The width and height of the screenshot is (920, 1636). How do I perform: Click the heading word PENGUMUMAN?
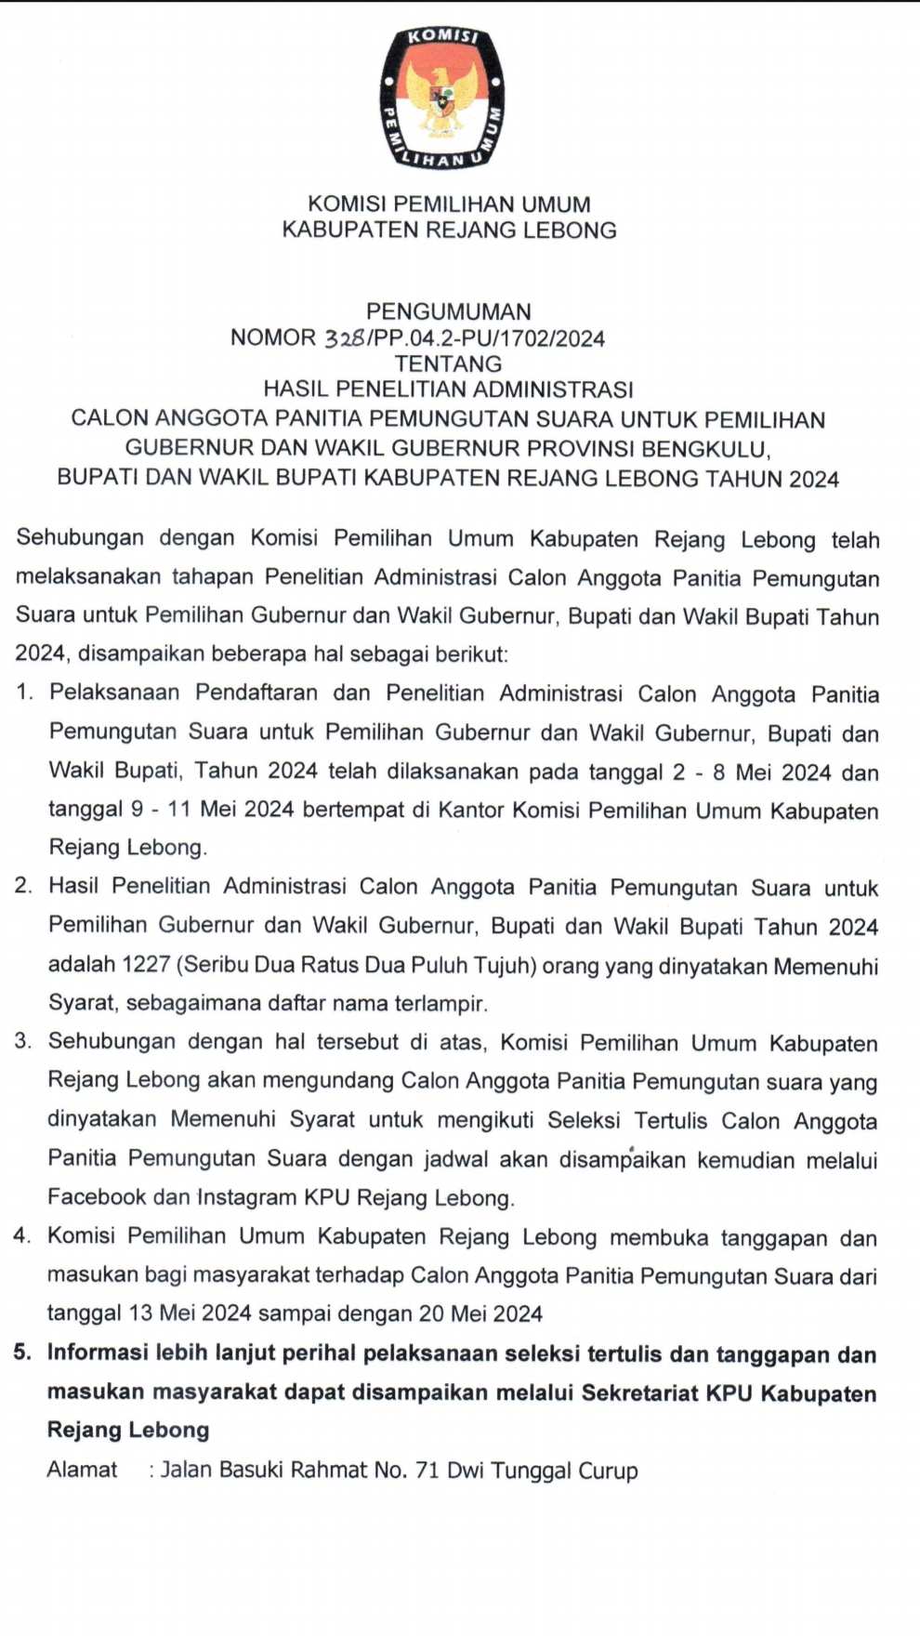448,311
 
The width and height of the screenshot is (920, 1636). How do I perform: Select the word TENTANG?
448,363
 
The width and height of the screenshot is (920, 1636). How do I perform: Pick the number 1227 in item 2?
146,965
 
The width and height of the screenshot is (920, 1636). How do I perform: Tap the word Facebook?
97,1197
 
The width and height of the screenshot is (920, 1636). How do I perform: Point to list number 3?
23,1042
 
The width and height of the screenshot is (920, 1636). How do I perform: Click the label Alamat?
83,1470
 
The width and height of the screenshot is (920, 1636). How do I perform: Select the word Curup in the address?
608,1471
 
